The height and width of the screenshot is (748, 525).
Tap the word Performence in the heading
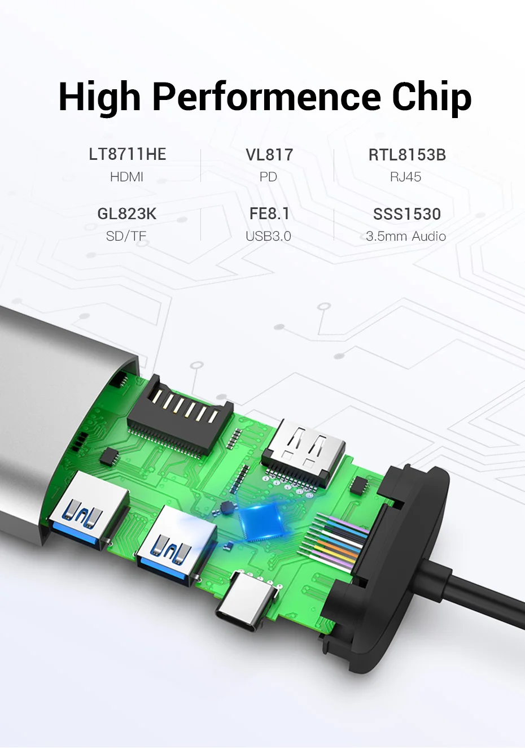click(x=266, y=96)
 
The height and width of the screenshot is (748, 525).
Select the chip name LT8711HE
click(x=128, y=154)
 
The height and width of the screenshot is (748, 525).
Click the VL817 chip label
click(x=269, y=155)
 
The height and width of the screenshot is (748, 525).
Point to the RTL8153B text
click(x=407, y=155)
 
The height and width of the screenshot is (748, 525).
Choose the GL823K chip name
click(x=127, y=214)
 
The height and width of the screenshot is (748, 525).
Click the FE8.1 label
click(x=269, y=214)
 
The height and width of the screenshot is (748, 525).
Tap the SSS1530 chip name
click(x=407, y=214)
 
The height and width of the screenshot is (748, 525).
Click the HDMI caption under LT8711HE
click(x=127, y=177)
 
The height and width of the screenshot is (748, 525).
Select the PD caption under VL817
click(x=268, y=177)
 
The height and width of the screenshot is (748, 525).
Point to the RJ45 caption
click(x=406, y=177)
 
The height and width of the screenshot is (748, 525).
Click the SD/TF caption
click(x=126, y=236)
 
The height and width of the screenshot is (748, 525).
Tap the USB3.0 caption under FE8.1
click(x=268, y=236)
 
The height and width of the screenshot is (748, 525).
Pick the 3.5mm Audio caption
click(x=406, y=236)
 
